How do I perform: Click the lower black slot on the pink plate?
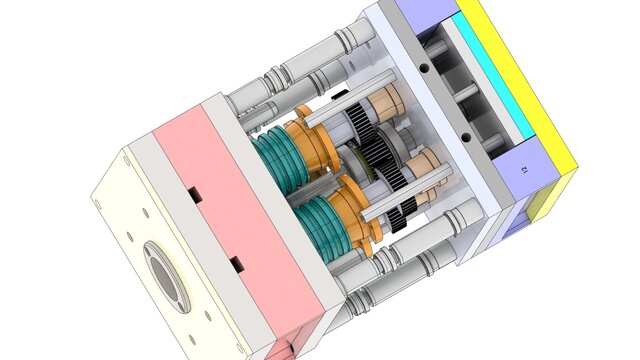(x=237, y=264)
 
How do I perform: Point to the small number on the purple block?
(x=525, y=171)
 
